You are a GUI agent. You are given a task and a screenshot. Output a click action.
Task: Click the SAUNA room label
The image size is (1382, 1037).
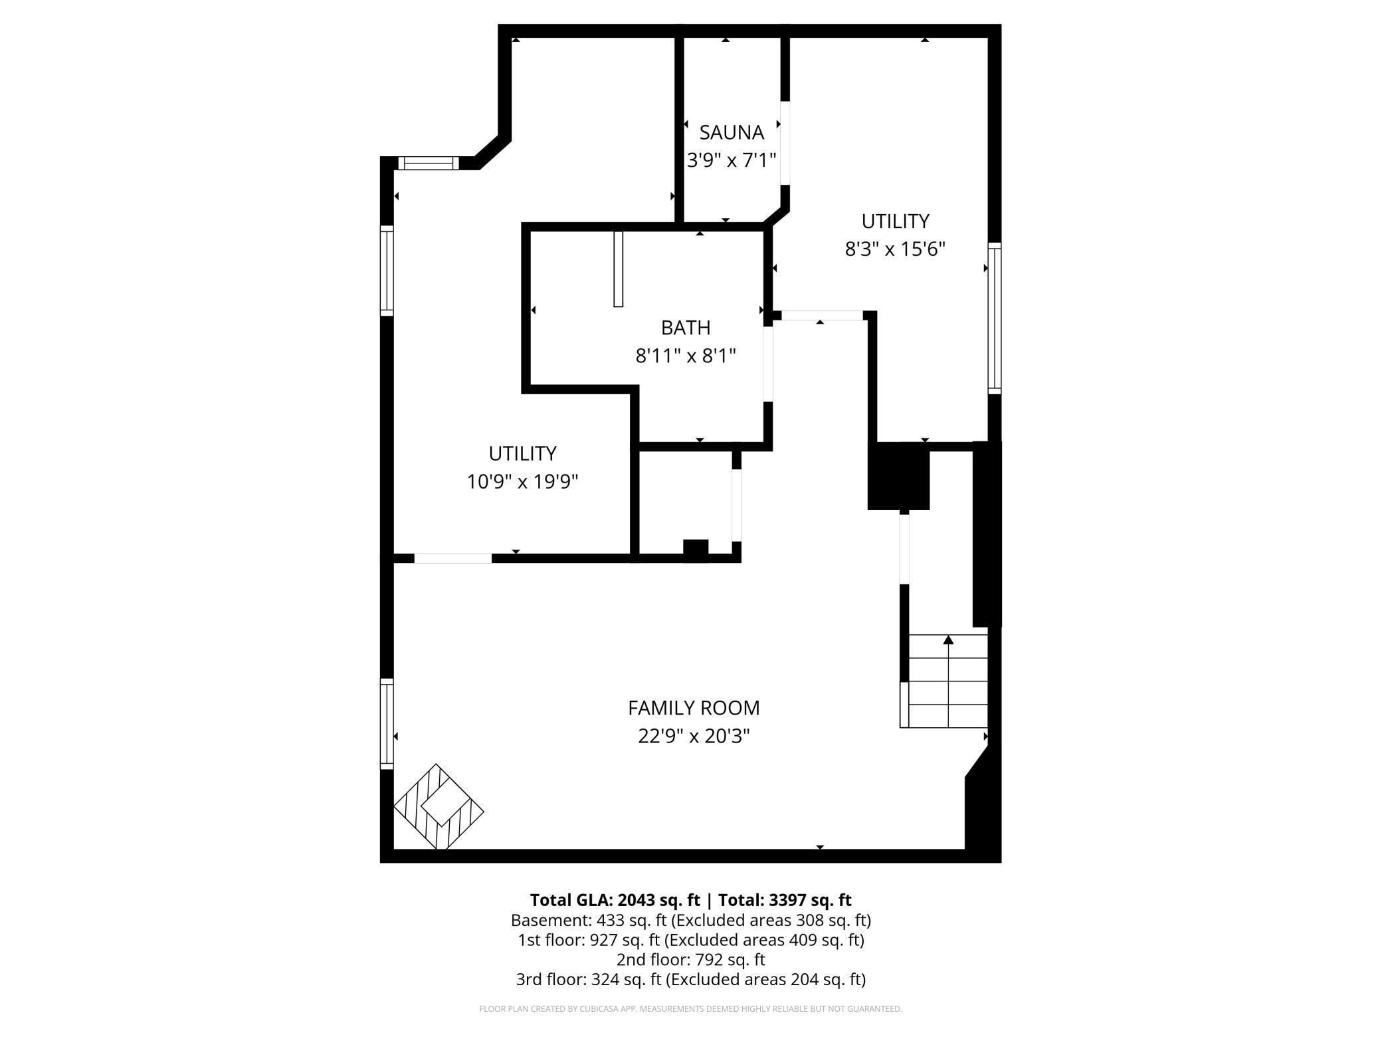[x=731, y=132]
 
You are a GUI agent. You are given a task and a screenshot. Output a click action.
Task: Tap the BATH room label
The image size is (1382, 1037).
[x=686, y=328]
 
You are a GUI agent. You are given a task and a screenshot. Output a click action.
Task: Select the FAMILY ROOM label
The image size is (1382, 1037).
[x=694, y=708]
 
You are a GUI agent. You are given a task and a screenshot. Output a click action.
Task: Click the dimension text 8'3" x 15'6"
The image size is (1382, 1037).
[x=895, y=249]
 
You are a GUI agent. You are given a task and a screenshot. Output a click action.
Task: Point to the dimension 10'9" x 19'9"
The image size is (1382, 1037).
[x=522, y=481]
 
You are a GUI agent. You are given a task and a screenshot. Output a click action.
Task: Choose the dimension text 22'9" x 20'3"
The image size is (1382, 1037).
[x=694, y=737]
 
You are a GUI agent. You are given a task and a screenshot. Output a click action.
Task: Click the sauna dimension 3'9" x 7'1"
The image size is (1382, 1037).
[x=731, y=160]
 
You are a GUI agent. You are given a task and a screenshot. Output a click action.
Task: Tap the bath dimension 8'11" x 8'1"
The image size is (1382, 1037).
[x=686, y=356]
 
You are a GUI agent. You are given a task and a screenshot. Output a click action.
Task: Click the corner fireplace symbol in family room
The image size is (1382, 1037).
[x=439, y=806]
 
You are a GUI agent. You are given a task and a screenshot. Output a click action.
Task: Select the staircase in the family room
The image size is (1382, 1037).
[x=944, y=681]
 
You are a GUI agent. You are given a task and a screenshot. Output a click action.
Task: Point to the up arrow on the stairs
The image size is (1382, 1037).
[x=948, y=640]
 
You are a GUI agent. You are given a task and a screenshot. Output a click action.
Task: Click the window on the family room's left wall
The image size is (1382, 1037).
[x=387, y=723]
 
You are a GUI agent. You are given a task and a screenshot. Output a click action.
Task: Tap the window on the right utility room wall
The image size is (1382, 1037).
[x=994, y=318]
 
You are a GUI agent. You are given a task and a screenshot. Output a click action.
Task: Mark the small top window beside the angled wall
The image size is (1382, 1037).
[x=429, y=163]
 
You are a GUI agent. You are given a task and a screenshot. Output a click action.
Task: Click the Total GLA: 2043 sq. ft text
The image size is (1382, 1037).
[x=615, y=900]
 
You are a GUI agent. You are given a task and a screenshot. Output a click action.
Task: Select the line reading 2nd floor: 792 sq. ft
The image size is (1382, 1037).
[x=690, y=960]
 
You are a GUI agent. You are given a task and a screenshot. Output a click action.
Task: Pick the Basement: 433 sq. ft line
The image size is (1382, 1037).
[x=690, y=921]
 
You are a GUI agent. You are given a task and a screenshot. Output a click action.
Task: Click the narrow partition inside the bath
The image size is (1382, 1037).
[x=618, y=269]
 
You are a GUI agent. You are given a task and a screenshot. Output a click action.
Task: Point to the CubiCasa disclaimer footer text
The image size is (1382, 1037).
[x=690, y=1009]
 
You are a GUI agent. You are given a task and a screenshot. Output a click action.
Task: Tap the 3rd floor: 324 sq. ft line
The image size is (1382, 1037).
[x=690, y=979]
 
